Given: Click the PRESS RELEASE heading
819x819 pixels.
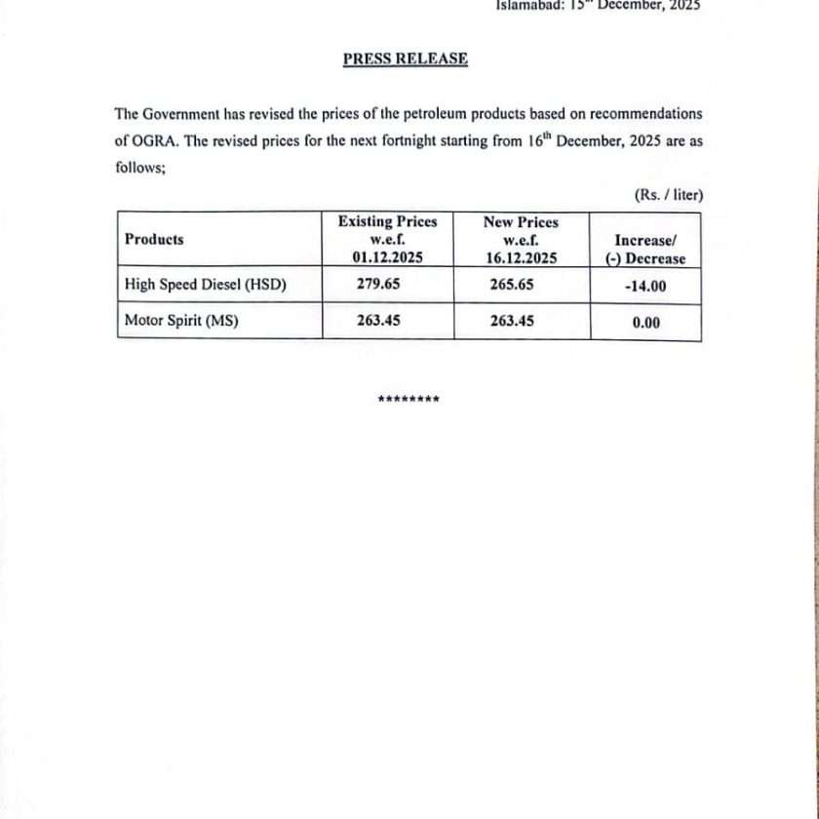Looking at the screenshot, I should pos(405,58).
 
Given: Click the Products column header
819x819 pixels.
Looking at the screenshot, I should pos(154,239).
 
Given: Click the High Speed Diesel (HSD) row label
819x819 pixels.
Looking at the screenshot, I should pos(205,285).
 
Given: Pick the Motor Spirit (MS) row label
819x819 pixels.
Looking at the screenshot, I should pos(181,319).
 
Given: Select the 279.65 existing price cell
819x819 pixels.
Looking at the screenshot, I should pos(375,285).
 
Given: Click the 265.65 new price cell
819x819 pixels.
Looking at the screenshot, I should pos(512,285).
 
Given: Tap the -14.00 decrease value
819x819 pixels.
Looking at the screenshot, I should pos(645,288).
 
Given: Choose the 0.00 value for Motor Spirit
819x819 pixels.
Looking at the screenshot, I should pos(645,323).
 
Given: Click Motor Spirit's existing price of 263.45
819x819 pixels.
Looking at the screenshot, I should pos(375,319).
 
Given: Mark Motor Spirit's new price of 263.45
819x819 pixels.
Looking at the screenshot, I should pos(512,319).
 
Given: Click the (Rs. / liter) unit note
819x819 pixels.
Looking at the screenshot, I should pos(668,196).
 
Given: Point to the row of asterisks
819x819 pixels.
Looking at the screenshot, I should pos(409,400).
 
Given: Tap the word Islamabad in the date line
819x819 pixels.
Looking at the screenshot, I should pos(527,4).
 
